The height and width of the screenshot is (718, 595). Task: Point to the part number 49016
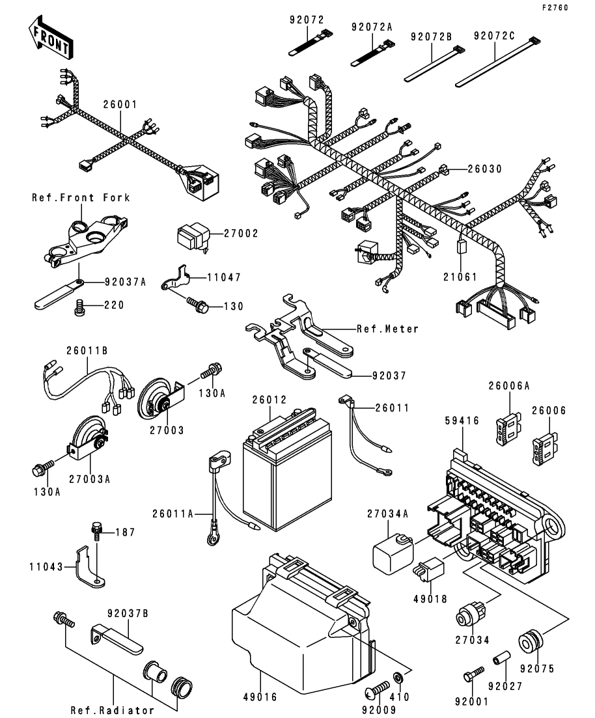(261, 697)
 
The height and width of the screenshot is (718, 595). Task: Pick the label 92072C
(494, 35)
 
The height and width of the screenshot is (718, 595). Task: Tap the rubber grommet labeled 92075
(528, 641)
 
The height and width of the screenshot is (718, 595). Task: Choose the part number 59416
(463, 421)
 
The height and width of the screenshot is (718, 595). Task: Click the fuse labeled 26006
(541, 447)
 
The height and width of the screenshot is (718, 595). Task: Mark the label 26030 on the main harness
(484, 169)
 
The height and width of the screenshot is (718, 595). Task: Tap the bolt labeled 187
(97, 532)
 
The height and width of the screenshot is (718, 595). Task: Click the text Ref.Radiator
(112, 710)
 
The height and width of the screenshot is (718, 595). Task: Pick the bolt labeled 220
(79, 305)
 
